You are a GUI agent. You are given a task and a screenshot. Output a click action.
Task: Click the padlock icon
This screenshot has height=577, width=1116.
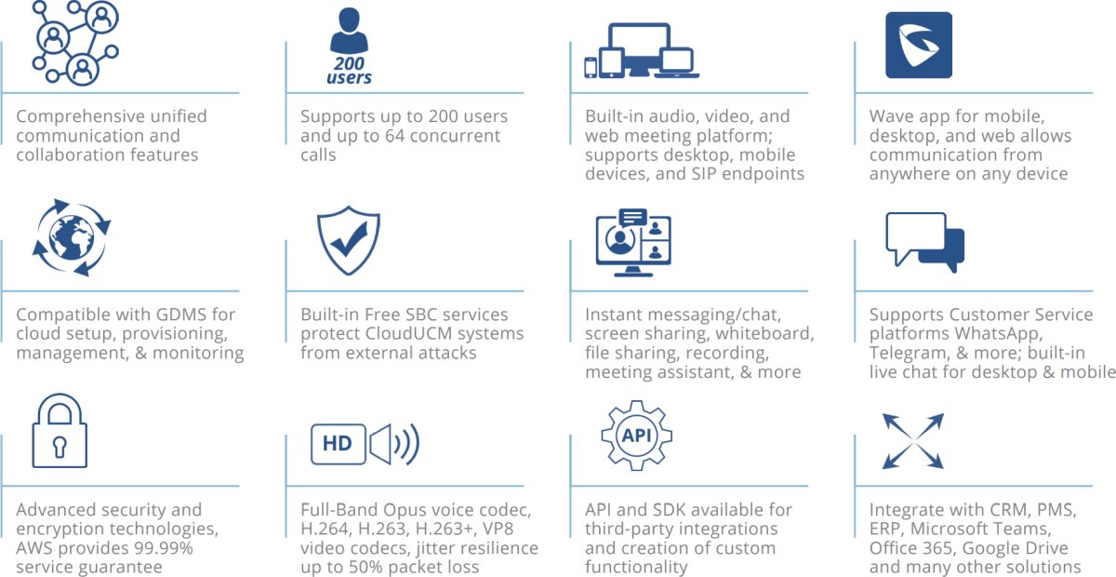point(60,430)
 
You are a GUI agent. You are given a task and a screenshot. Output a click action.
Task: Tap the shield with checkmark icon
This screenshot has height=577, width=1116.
point(349,240)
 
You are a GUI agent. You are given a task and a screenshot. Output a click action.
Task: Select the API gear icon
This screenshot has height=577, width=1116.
point(637,436)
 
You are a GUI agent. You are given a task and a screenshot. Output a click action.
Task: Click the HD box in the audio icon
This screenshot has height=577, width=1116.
point(339,444)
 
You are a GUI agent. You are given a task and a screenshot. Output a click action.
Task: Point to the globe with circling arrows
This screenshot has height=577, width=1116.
point(72,237)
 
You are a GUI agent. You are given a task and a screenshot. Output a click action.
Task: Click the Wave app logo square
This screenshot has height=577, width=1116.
point(919,45)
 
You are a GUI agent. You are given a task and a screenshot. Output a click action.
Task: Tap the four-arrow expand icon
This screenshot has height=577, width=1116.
point(913,441)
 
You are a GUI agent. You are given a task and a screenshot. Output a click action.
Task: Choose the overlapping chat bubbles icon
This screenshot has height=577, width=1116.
point(924,242)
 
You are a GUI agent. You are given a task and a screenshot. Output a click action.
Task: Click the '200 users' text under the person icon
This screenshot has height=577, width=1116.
point(350,71)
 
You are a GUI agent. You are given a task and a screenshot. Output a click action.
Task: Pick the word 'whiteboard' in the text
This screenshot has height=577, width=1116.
point(764,333)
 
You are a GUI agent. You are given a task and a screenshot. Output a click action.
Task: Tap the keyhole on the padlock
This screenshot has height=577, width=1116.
point(60,446)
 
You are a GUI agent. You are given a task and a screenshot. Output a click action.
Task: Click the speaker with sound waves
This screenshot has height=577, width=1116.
point(394,444)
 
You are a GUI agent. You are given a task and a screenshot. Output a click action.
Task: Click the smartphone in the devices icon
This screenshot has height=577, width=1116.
point(591,67)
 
